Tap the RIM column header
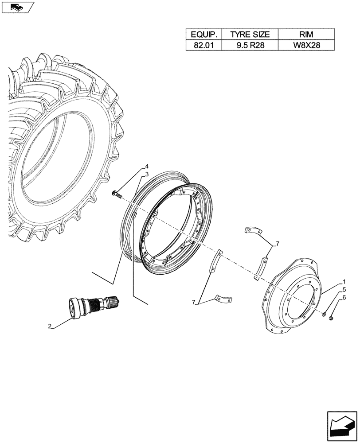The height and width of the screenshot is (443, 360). pos(305,35)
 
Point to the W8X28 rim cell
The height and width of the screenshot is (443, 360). pos(305,45)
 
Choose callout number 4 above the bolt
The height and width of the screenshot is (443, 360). pos(147,167)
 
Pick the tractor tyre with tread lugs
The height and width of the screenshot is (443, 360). pos(62,146)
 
